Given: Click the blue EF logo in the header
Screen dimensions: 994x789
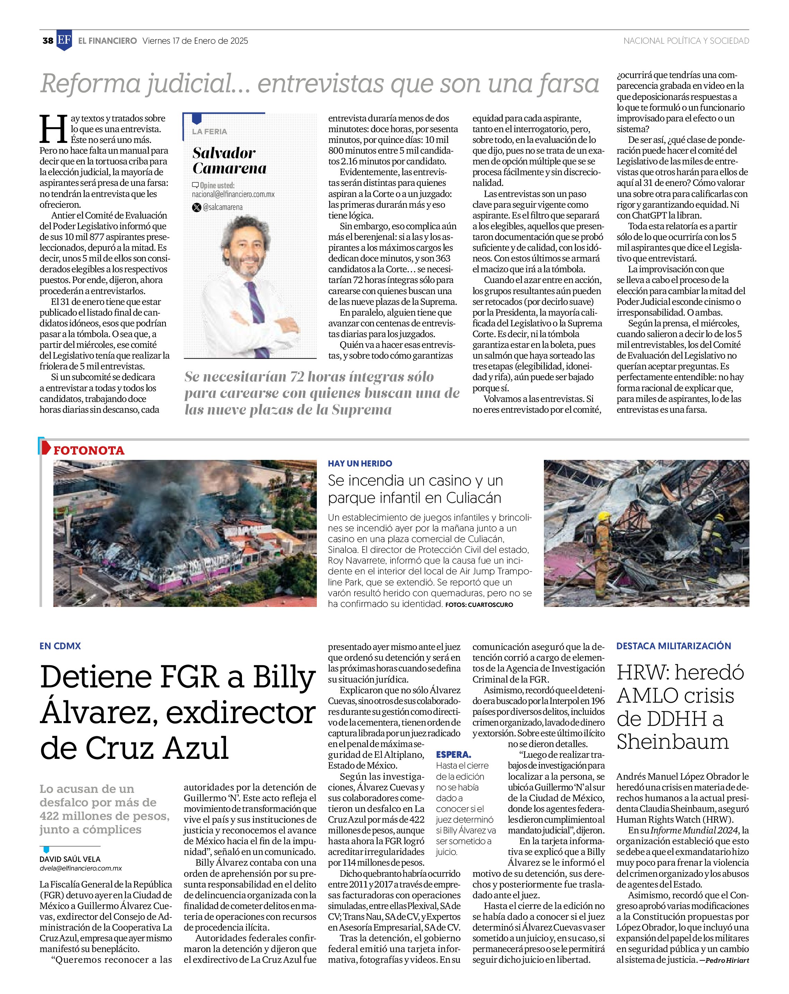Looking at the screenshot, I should (x=64, y=41).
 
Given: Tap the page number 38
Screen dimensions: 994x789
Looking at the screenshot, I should (x=47, y=41).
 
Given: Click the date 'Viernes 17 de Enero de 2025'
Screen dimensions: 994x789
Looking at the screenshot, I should (x=195, y=41).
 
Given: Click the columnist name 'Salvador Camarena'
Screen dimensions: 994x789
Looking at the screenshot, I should (x=229, y=161).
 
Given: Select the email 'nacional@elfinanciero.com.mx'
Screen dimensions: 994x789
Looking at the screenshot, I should (x=233, y=195).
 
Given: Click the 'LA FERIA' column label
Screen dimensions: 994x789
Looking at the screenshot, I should (x=209, y=131).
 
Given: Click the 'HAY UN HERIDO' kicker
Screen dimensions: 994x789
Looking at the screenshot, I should (x=360, y=463).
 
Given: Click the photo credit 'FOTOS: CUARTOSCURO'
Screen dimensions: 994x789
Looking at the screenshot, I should (x=479, y=605).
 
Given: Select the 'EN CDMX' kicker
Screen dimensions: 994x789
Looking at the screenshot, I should (x=60, y=646).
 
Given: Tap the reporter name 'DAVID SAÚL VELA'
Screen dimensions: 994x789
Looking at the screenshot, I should (x=70, y=859).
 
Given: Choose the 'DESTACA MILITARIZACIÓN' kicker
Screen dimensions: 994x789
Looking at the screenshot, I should (x=673, y=646).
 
